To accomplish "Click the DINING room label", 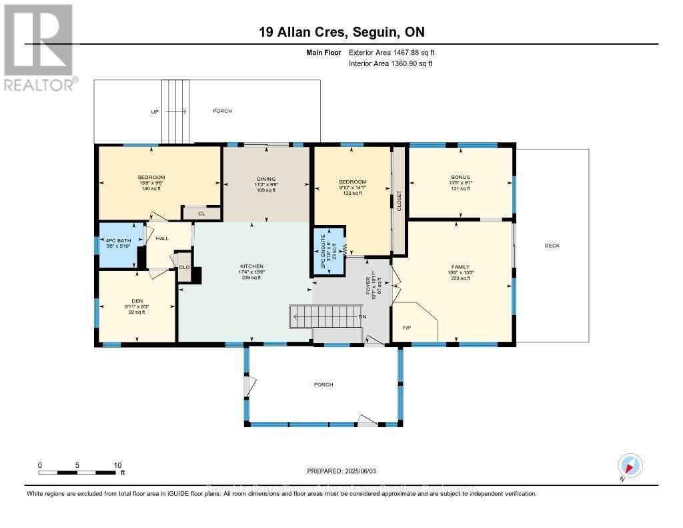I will pos(266,179).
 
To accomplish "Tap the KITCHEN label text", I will pos(252,266).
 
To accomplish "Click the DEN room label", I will pos(137,300).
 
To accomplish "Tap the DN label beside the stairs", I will pos(362,316).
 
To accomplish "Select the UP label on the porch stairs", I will pos(155,111).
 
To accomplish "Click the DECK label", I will pos(552,246).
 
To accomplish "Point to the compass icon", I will pos(630,465).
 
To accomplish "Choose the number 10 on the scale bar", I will pos(117,465).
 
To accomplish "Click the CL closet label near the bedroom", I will pos(200,214).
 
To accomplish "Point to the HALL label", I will pos(163,238).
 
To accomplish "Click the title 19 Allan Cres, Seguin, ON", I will pos(341,32).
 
